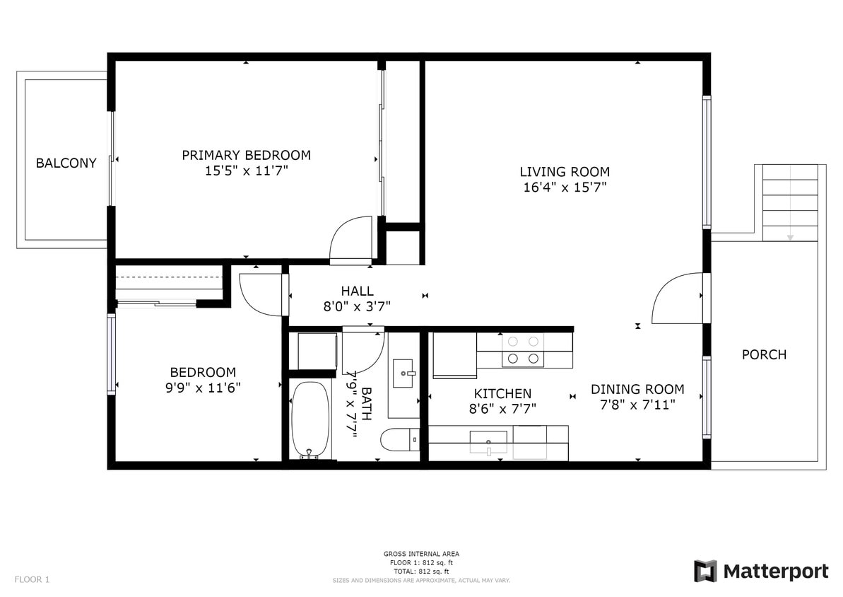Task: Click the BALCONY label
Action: click(66, 163)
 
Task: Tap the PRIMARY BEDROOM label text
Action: click(246, 155)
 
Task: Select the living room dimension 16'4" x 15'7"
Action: click(564, 187)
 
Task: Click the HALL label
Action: click(357, 291)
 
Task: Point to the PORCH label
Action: click(764, 354)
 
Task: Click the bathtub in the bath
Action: click(310, 419)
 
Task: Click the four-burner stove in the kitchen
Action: click(524, 350)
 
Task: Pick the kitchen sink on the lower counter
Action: click(488, 443)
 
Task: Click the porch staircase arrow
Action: click(790, 236)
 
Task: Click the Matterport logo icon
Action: click(705, 571)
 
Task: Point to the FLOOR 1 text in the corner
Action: click(32, 579)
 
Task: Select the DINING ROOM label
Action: click(637, 389)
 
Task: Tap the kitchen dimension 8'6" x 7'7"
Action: click(502, 409)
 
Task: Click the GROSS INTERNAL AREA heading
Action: click(421, 554)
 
